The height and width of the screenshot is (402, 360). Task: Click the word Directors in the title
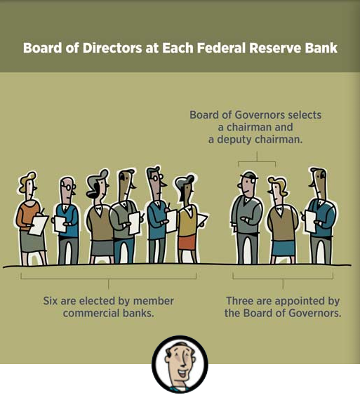pyautogui.click(x=112, y=48)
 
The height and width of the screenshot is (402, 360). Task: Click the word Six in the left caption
pyautogui.click(x=51, y=301)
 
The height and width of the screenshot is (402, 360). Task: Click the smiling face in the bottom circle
pyautogui.click(x=180, y=365)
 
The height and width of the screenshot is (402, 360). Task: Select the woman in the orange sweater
pyautogui.click(x=32, y=218)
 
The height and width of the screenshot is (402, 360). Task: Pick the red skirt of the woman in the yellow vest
pyautogui.click(x=187, y=243)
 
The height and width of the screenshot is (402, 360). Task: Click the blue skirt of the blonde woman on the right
pyautogui.click(x=284, y=248)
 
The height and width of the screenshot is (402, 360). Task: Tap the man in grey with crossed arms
pyautogui.click(x=246, y=218)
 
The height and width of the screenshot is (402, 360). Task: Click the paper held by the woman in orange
pyautogui.click(x=39, y=225)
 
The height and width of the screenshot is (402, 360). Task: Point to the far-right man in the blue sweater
pyautogui.click(x=320, y=216)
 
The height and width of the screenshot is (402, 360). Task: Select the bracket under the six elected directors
pyautogui.click(x=109, y=279)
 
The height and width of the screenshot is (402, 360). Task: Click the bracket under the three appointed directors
pyautogui.click(x=283, y=279)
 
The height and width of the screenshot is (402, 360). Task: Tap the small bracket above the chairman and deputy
pyautogui.click(x=257, y=161)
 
